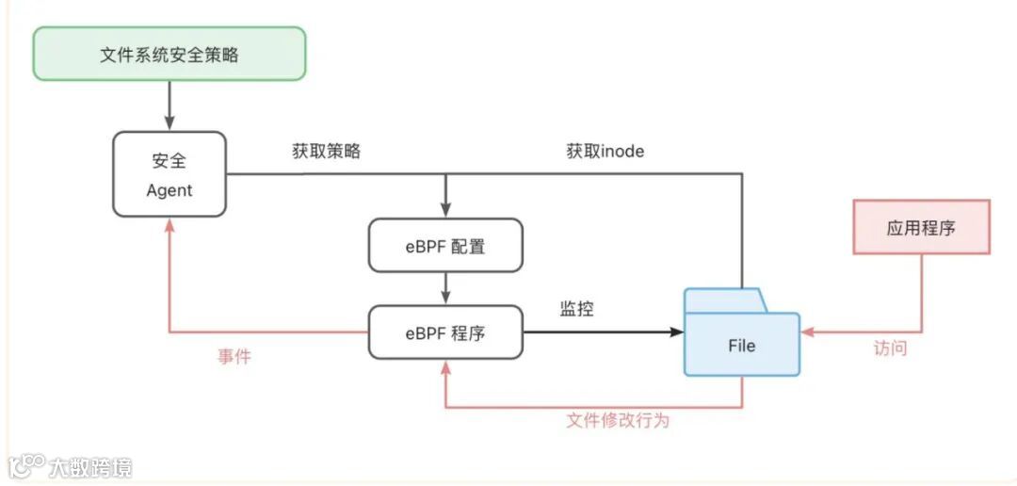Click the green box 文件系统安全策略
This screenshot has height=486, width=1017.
tap(169, 54)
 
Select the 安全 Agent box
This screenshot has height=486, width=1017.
tap(169, 174)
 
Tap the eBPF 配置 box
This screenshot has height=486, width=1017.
tap(445, 246)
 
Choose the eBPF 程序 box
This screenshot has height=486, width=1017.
tap(445, 332)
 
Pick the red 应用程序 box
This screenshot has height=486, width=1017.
tap(921, 227)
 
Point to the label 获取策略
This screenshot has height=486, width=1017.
tap(327, 151)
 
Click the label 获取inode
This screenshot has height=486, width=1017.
tap(605, 151)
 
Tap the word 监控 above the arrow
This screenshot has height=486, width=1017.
tap(576, 309)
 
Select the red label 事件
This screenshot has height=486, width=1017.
tap(234, 357)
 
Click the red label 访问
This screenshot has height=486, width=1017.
tap(890, 348)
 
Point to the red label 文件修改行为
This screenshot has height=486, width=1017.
tap(618, 420)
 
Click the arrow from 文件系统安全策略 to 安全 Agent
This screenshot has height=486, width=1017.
tap(169, 105)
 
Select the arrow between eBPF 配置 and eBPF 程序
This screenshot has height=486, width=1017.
tap(445, 288)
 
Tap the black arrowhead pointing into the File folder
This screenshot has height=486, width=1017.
tap(677, 332)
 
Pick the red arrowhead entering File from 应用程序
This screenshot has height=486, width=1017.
tap(807, 332)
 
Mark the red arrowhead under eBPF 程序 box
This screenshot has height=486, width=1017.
tap(445, 366)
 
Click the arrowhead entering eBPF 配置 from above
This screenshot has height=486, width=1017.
tap(445, 211)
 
